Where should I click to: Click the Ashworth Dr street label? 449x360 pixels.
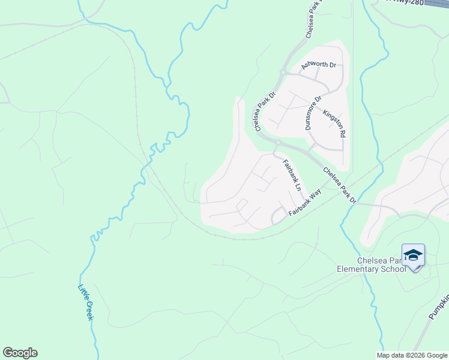(x=318, y=65)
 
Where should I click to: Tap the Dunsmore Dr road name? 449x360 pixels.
(x=313, y=112)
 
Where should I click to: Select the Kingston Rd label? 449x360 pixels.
(x=334, y=124)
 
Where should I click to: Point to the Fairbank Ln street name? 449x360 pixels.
(x=292, y=175)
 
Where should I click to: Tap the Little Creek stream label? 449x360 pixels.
(x=85, y=301)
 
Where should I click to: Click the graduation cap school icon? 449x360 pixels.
(x=413, y=256)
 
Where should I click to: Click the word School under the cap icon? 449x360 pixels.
(x=394, y=269)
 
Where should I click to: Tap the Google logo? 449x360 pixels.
(x=20, y=353)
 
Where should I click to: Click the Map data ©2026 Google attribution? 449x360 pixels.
(x=411, y=355)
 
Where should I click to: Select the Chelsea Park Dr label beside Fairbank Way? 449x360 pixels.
(x=340, y=185)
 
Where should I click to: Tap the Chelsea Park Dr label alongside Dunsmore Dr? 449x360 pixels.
(x=264, y=111)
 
